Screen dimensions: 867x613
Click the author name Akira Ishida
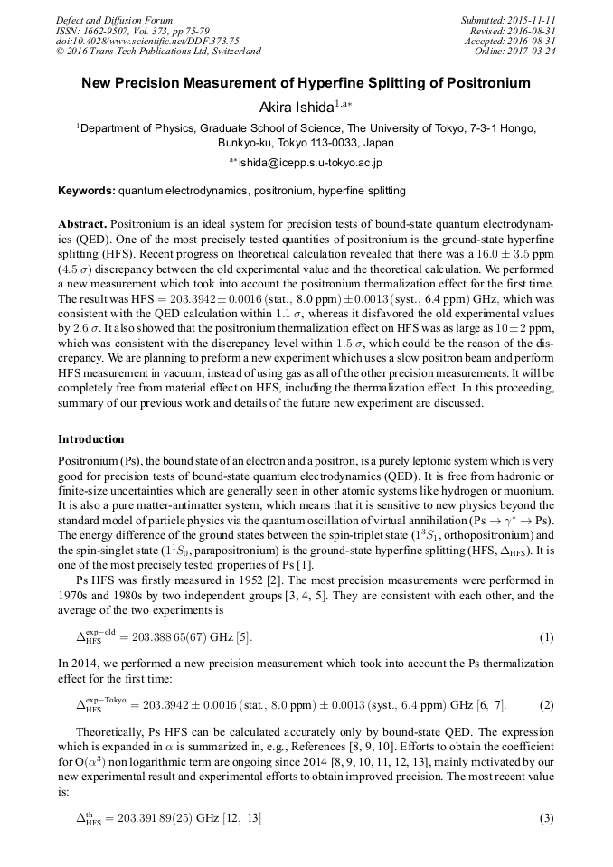pyautogui.click(x=297, y=108)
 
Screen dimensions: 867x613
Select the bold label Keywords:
pyautogui.click(x=87, y=192)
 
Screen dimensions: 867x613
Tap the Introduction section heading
pyautogui.click(x=91, y=439)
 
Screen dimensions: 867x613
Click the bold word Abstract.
pyautogui.click(x=82, y=223)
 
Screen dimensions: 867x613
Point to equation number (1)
pyautogui.click(x=546, y=637)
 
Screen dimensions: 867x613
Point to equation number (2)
pyautogui.click(x=546, y=703)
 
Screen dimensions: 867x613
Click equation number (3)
pyautogui.click(x=546, y=818)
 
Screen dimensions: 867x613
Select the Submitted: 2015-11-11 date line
pyautogui.click(x=507, y=20)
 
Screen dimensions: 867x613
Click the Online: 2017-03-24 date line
pyautogui.click(x=515, y=51)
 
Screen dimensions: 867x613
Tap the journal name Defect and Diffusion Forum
pyautogui.click(x=114, y=20)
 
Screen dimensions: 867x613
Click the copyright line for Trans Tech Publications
pyautogui.click(x=158, y=51)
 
